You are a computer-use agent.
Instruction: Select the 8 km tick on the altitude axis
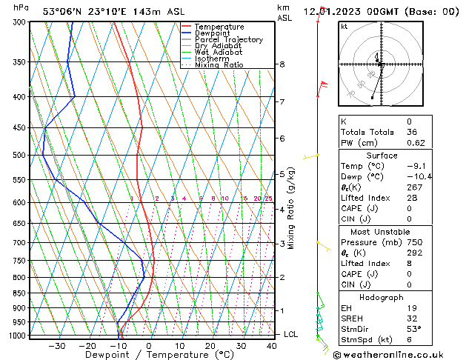(x=282, y=64)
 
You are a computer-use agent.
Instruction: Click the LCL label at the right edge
(x=291, y=334)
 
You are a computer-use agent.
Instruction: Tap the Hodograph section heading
(x=382, y=297)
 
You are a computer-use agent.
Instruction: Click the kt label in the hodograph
(x=344, y=26)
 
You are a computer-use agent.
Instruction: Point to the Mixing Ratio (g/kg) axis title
(x=291, y=208)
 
